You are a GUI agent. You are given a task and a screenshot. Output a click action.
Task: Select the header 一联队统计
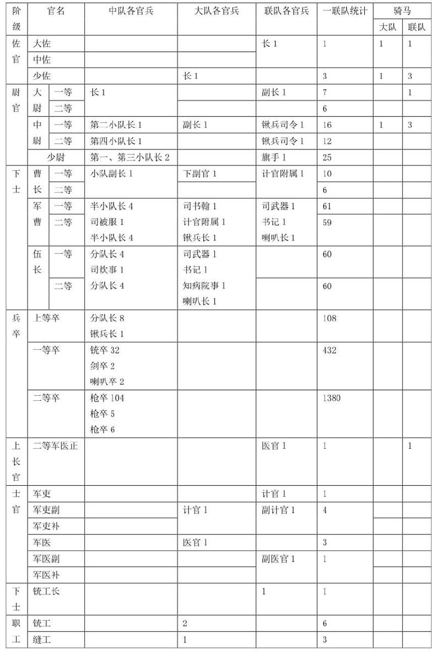345,11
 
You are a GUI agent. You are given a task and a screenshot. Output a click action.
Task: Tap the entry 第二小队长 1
116,125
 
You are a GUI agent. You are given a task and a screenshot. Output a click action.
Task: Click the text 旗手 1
274,157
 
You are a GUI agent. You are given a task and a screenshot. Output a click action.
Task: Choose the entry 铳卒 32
105,350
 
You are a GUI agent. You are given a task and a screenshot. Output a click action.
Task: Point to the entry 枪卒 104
107,398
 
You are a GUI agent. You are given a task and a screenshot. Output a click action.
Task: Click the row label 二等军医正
55,446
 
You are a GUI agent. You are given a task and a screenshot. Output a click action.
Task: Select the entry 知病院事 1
204,286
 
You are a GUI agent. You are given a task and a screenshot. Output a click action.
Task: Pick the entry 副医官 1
278,559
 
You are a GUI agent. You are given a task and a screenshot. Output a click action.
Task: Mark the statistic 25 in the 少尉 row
327,157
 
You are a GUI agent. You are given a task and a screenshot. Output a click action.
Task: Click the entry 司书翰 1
199,206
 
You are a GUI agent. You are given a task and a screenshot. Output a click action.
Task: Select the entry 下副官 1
199,174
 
